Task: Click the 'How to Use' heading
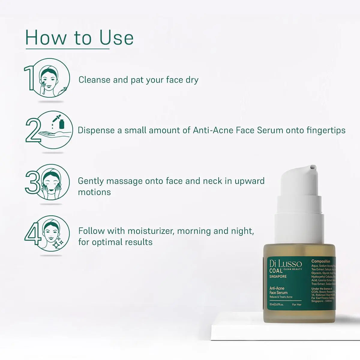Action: [x=79, y=38]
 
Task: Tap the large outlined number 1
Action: [x=30, y=78]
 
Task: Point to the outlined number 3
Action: [x=32, y=182]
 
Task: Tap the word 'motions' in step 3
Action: [x=94, y=192]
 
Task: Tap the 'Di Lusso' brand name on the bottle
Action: [x=285, y=264]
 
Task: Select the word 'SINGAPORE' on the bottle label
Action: [x=278, y=276]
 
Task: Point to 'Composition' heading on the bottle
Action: [x=321, y=261]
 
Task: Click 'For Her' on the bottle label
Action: [x=297, y=304]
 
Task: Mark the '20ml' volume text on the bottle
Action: [x=272, y=304]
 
